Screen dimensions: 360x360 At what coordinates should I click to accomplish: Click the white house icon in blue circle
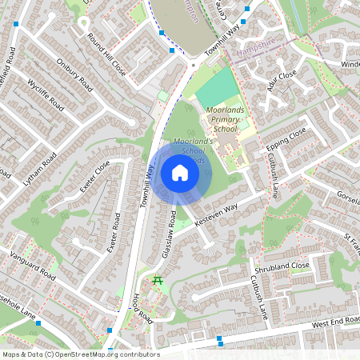180,173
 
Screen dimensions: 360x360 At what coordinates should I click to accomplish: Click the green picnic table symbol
158,280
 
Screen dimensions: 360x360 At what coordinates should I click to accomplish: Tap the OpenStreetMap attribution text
81,354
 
